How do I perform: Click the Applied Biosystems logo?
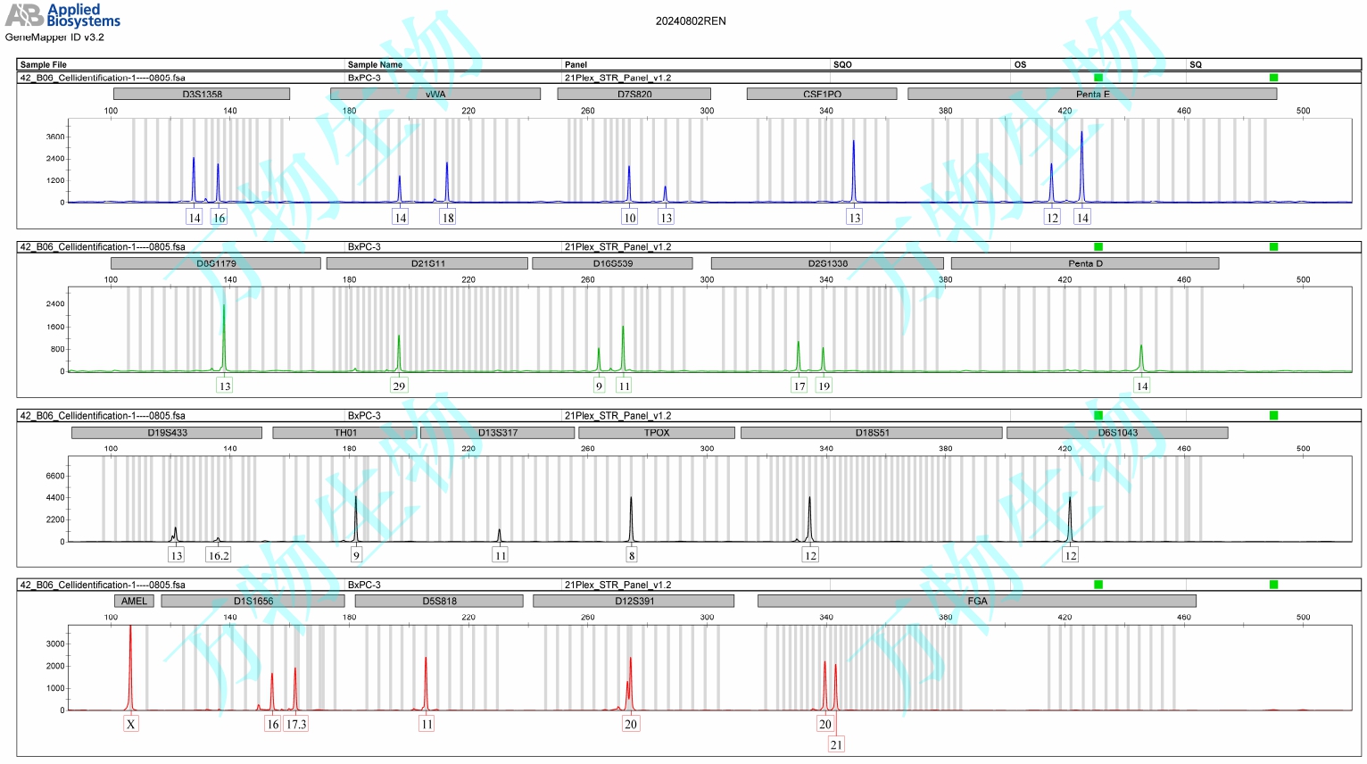coord(62,15)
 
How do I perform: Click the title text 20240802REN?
coord(691,21)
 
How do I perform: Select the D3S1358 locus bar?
coord(202,94)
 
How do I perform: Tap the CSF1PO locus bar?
coord(822,94)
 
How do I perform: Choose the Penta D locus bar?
coord(1085,263)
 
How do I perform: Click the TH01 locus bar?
coord(345,433)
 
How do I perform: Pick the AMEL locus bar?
coord(134,602)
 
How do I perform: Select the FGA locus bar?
coord(977,602)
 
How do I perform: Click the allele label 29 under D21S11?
coord(399,386)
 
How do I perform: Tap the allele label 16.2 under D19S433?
coord(219,555)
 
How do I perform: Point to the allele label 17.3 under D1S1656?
coord(296,724)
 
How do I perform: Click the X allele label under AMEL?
coord(131,724)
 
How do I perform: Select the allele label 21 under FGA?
coord(836,744)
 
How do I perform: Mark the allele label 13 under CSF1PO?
coord(854,218)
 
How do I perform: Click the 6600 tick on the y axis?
coord(55,476)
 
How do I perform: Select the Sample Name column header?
coord(375,64)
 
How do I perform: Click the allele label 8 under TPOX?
coord(632,555)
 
